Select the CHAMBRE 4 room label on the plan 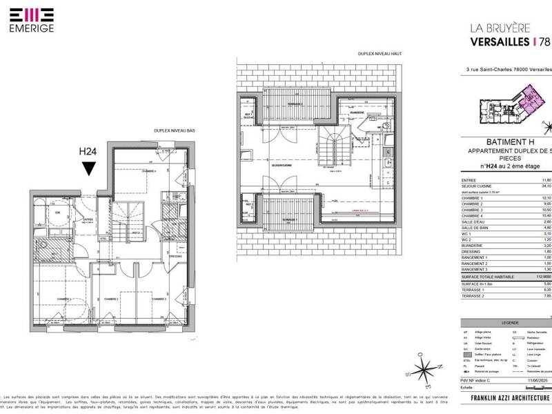[150, 171]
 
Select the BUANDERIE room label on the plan [357, 113]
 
